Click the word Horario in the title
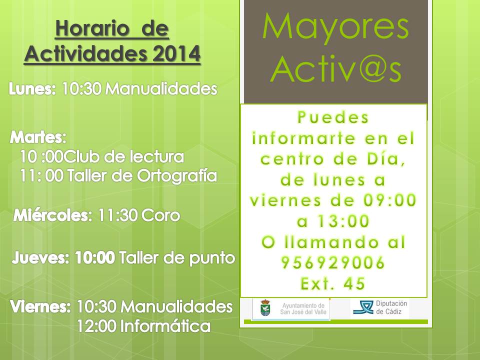[x=92, y=28]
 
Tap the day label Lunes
[x=32, y=89]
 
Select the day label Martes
[x=38, y=137]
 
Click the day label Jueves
[x=40, y=258]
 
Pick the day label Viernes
[x=40, y=306]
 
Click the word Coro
[x=160, y=215]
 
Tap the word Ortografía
[x=177, y=176]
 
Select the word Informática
[x=165, y=326]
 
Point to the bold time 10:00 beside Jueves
[x=95, y=258]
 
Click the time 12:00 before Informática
[x=96, y=326]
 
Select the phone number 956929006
[x=333, y=262]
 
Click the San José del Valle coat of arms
[x=265, y=308]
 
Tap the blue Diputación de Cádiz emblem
[x=363, y=307]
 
